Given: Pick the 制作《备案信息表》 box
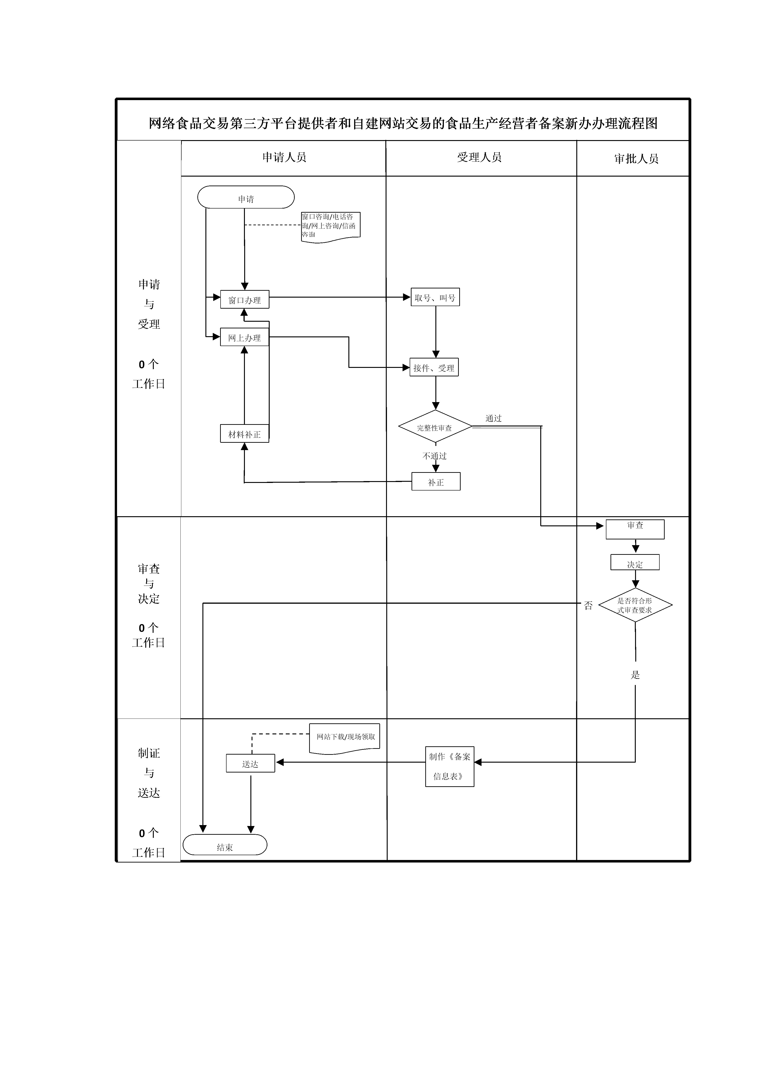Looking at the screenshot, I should tap(449, 766).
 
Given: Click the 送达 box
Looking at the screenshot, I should tap(250, 763).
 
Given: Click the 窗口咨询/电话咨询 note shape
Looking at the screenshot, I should tap(330, 226).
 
